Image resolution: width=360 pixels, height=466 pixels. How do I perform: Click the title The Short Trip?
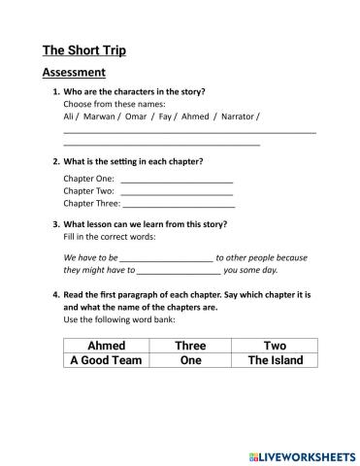point(84,50)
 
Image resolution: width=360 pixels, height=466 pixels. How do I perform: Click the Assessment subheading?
point(74,73)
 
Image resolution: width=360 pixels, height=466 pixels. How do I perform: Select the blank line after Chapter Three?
point(179,204)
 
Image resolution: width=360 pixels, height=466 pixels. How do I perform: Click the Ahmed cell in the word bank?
point(107,346)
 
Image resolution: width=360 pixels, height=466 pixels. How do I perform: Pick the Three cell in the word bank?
point(190,346)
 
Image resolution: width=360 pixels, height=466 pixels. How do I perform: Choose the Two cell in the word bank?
point(275,346)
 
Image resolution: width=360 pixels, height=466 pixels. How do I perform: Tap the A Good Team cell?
point(107,360)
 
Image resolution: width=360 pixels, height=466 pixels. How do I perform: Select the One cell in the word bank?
point(190,360)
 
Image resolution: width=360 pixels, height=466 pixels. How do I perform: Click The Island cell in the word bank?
point(275,360)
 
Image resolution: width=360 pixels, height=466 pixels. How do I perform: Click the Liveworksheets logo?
point(302,455)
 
